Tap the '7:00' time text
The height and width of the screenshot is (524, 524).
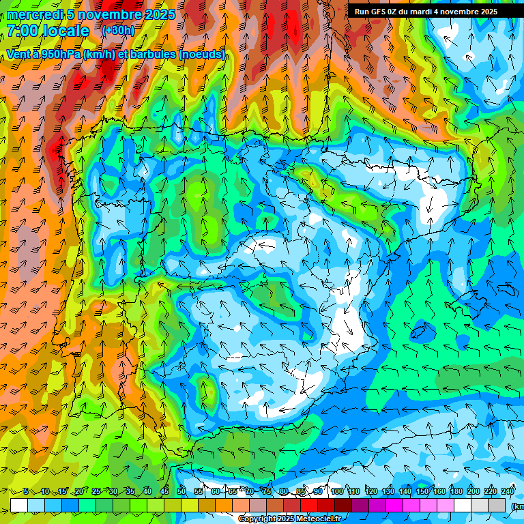click(21, 31)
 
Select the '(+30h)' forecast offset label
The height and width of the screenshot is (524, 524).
click(119, 31)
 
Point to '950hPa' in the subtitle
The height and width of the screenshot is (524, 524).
click(64, 54)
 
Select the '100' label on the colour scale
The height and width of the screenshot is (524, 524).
click(337, 492)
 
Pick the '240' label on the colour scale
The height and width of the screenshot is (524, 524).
click(508, 492)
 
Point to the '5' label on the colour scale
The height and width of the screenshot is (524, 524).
click(26, 492)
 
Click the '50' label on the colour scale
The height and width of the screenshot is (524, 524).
click(181, 492)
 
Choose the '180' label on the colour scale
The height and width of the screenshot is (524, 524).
click(456, 492)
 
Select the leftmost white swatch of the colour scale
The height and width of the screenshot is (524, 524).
click(19, 505)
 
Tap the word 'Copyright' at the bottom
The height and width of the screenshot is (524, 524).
click(257, 519)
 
